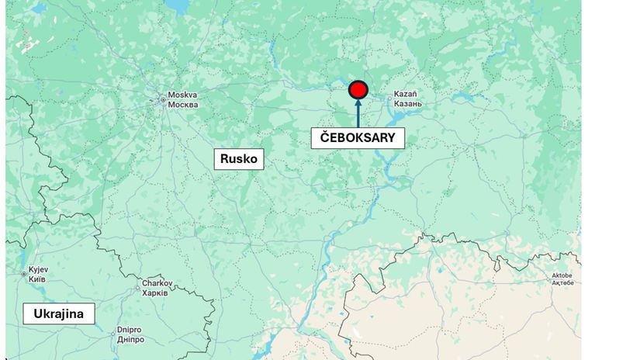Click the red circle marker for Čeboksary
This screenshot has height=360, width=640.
click(358, 91)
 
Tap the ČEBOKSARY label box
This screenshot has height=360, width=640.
click(358, 138)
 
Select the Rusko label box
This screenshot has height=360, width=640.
click(239, 159)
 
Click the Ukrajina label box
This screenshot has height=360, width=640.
click(59, 314)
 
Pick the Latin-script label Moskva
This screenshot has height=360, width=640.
click(183, 95)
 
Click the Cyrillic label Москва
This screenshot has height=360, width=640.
click(183, 105)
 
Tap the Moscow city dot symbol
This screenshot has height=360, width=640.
click(162, 99)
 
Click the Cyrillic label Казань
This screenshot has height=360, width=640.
click(407, 103)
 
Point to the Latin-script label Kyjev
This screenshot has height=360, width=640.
click(38, 270)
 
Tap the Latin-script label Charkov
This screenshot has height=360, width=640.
click(157, 284)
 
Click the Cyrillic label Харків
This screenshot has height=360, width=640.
click(157, 293)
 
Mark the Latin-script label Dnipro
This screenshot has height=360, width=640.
click(129, 329)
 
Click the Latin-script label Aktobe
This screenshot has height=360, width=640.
click(561, 275)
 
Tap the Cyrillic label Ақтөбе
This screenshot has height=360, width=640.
click(561, 284)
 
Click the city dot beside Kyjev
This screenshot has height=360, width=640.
click(22, 274)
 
